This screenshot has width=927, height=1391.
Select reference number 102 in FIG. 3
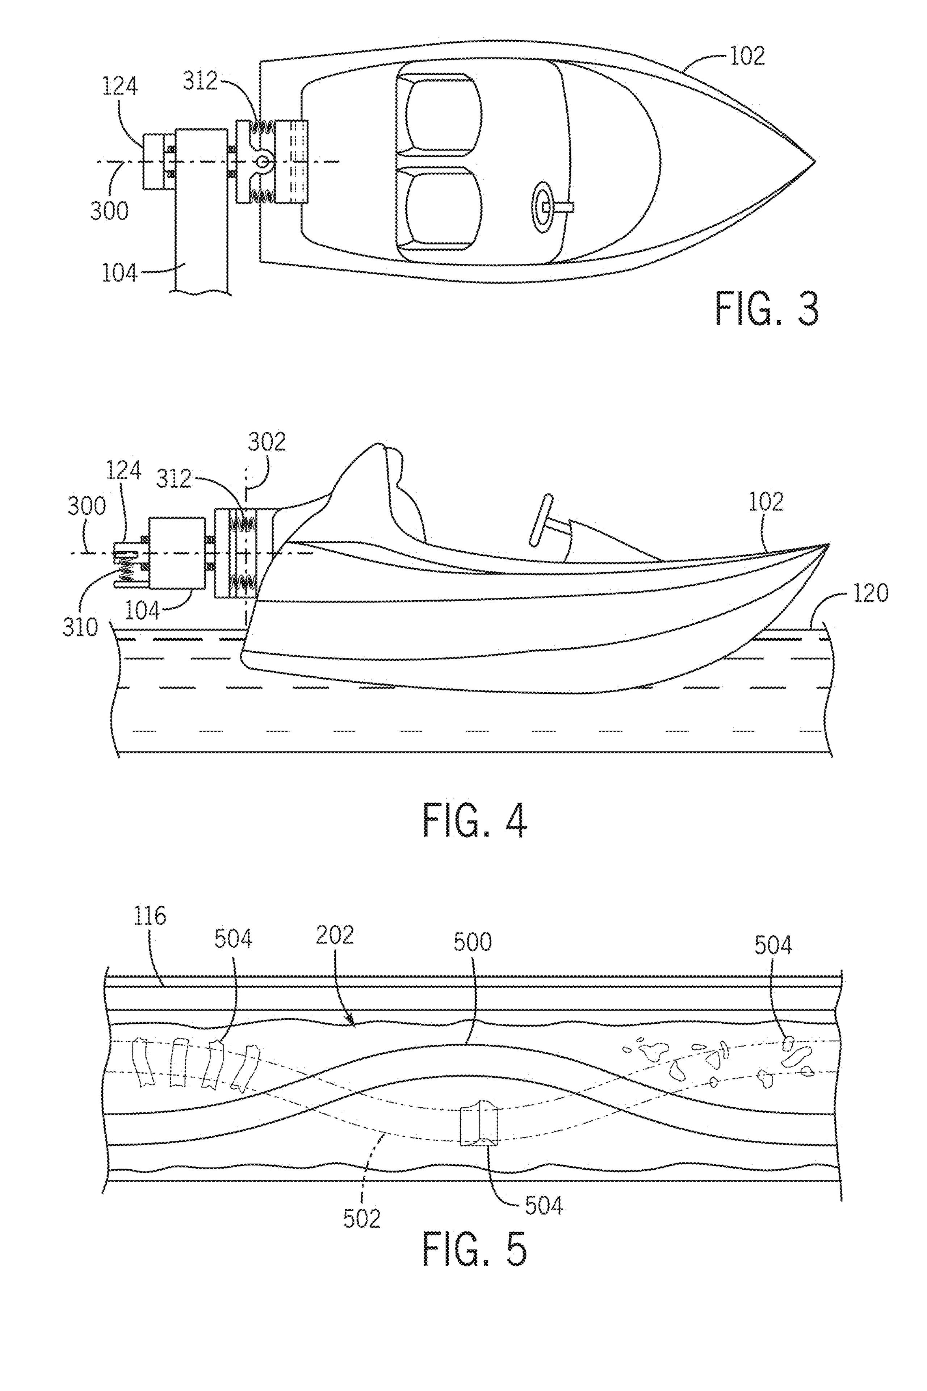[747, 56]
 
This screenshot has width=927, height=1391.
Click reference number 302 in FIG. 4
[267, 442]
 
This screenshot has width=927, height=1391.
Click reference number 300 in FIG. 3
[109, 210]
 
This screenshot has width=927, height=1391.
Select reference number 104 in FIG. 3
[120, 273]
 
